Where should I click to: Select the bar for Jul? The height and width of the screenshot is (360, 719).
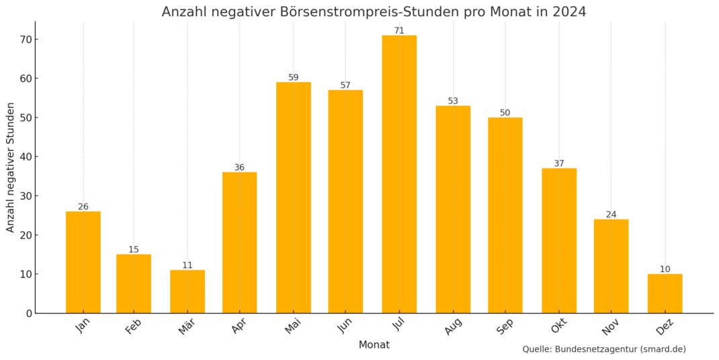[399, 175]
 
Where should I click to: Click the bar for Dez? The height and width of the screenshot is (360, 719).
[665, 294]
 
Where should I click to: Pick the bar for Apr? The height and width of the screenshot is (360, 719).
[239, 242]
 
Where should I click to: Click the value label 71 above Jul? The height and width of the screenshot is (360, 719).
[399, 30]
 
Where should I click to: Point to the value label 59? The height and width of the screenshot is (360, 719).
[293, 77]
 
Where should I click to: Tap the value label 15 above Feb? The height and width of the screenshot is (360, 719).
[134, 250]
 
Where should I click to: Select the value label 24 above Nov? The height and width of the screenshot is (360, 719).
[611, 214]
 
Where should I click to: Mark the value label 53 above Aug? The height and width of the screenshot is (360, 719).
[453, 101]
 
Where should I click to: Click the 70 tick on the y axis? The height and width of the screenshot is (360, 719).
[25, 40]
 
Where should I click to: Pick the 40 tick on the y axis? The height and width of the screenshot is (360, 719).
[25, 157]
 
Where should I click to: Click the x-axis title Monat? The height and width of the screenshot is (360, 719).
[374, 345]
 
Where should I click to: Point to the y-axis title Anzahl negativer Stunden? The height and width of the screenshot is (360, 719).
[11, 167]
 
